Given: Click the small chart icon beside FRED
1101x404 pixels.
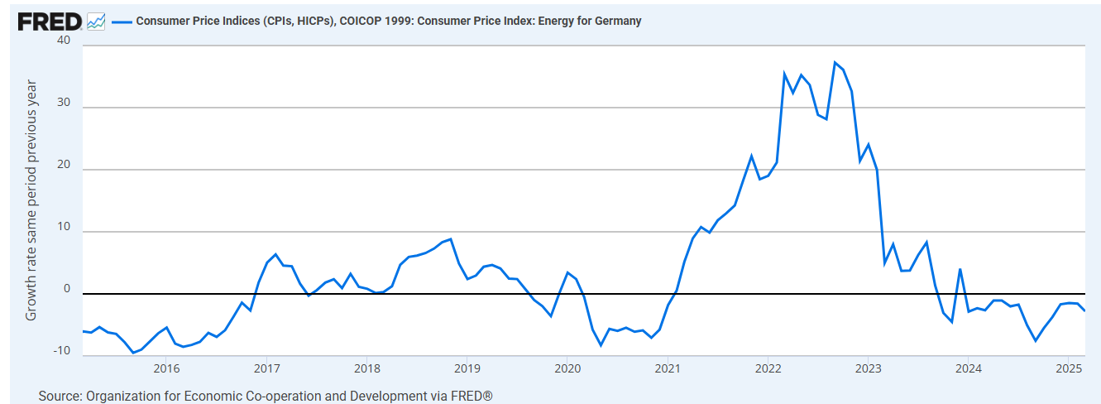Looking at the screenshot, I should (x=96, y=21).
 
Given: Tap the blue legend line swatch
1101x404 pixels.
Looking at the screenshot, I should (x=122, y=22).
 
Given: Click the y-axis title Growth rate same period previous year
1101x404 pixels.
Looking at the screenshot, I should (x=31, y=200).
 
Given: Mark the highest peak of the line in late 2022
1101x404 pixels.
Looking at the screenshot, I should (x=835, y=62).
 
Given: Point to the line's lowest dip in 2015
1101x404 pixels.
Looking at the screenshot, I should (x=132, y=353).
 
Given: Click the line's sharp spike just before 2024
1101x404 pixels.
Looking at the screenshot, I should (x=960, y=269).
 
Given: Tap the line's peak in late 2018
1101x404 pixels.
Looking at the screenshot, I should (x=450, y=239).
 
